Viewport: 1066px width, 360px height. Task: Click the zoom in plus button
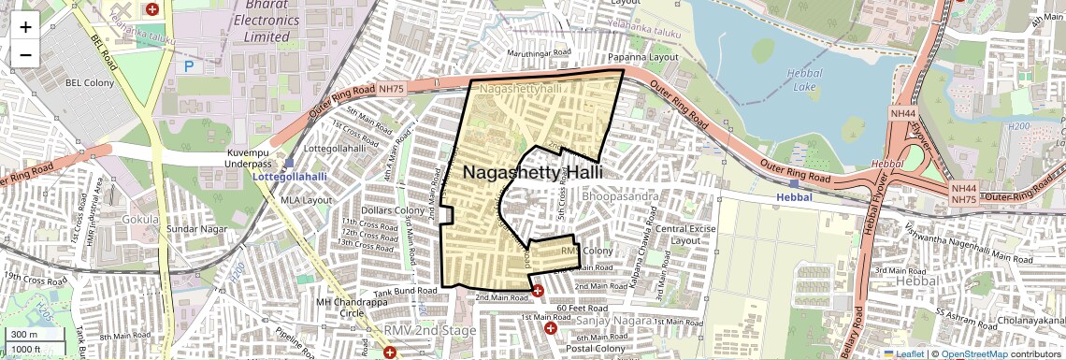point(25,26)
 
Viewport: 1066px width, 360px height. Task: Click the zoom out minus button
point(25,54)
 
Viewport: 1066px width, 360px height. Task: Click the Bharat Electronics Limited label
point(261,20)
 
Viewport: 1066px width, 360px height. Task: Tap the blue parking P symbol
point(189,66)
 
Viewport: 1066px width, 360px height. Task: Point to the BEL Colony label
point(89,83)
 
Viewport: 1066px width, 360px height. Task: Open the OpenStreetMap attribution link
point(973,353)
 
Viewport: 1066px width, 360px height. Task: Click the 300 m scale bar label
point(24,334)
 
